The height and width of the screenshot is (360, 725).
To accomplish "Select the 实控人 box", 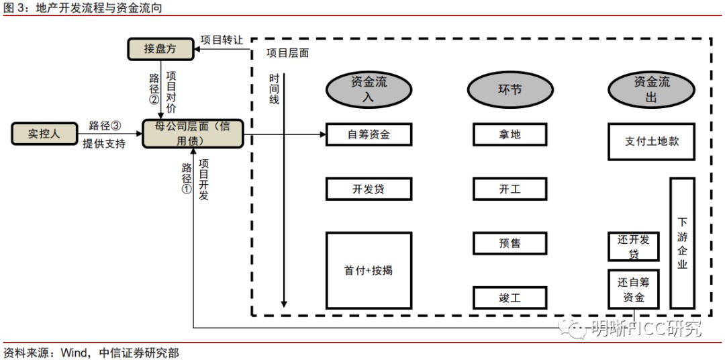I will point(44,134).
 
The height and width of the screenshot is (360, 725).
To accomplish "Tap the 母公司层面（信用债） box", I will point(193,134).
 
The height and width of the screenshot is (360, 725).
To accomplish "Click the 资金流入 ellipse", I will point(369,89).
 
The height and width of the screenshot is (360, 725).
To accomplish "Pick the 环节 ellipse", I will point(510,89).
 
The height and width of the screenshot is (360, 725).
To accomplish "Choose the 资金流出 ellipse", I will point(651,89).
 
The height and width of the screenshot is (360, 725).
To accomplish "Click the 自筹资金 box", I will point(369,134).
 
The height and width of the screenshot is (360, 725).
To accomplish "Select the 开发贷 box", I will point(369,189).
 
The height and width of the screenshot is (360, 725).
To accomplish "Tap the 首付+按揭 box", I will point(369,270).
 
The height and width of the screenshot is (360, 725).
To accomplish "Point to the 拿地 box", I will point(510,134).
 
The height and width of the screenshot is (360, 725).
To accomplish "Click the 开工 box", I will point(510,189).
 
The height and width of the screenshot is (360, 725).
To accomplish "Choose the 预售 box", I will point(510,243).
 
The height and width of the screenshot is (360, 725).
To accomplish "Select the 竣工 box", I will point(510,298).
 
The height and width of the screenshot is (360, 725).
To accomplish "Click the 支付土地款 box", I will point(651,142).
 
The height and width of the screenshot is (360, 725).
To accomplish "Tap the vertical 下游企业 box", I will point(682,242).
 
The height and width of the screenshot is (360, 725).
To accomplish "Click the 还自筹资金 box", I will point(633,289).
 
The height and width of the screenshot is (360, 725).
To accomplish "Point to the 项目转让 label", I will point(222,40).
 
